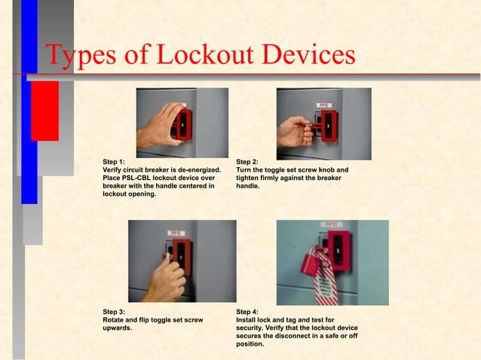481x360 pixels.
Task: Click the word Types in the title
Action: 78,56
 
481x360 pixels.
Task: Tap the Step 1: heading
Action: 114,161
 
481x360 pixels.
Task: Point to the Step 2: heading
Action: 247,161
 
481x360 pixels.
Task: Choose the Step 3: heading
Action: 114,311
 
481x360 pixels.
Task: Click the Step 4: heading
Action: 247,311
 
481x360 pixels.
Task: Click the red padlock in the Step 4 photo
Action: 310,264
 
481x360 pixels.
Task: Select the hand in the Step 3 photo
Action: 164,276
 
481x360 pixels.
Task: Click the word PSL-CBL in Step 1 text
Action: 134,178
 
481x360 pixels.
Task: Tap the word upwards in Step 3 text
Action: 119,328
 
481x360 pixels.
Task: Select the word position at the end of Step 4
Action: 250,344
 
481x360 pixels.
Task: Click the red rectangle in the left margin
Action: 44,111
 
